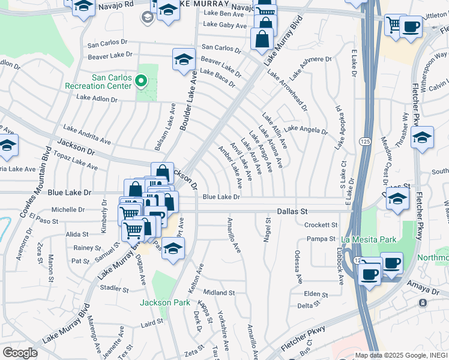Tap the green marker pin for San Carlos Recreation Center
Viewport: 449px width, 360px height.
142,80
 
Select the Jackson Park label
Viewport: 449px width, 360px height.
164,302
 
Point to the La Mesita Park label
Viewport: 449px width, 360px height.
369,239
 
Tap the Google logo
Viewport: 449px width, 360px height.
20,353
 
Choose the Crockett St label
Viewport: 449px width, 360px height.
321,225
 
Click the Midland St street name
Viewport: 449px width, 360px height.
218,292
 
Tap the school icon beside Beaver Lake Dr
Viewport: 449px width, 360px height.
183,60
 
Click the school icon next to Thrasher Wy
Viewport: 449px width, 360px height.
422,137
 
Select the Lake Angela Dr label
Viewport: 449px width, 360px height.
306,130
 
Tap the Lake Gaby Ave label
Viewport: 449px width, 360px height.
225,25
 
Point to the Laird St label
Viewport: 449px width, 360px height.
152,325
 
